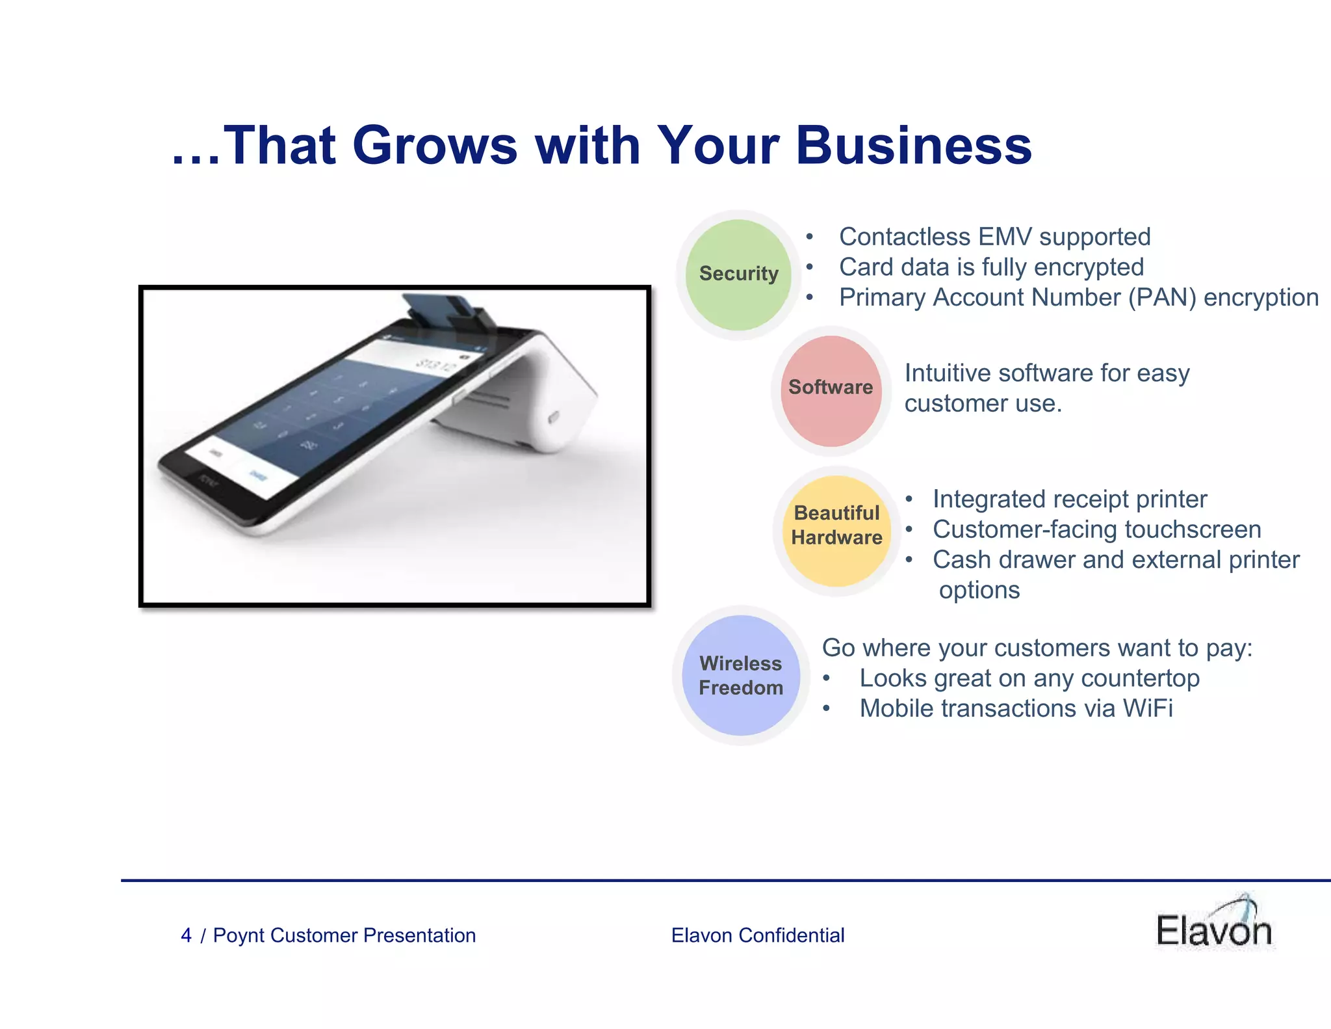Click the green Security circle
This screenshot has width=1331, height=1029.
738,274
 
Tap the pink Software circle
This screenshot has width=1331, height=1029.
831,390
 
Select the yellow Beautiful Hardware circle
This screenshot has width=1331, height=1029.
836,530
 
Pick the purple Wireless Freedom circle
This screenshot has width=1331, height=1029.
741,675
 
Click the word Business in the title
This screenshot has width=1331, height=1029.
913,146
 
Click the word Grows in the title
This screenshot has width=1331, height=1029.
434,146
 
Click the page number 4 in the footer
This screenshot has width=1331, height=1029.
186,935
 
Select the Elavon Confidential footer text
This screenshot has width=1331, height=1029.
758,935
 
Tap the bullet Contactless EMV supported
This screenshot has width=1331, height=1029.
994,237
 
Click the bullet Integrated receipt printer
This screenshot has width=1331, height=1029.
1070,500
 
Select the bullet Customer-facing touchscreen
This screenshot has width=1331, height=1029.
1096,529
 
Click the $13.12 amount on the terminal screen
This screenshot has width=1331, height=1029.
437,366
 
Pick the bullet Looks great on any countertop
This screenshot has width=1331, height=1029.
1029,678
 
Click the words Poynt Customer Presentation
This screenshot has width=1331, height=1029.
344,935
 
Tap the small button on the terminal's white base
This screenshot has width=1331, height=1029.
553,417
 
